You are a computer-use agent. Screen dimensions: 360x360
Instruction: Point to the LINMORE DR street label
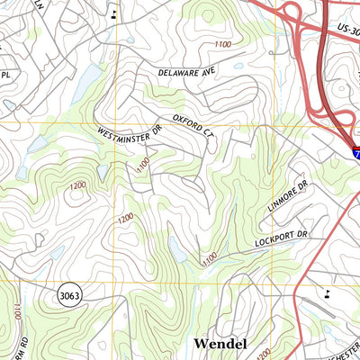click(x=287, y=195)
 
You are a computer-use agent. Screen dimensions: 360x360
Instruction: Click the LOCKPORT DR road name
click(x=280, y=237)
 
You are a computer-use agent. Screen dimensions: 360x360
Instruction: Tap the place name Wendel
click(x=220, y=344)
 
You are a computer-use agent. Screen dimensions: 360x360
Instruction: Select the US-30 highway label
click(x=345, y=30)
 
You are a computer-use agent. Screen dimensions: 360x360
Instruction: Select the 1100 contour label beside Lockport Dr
click(x=209, y=258)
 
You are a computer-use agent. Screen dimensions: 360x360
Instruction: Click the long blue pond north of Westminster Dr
click(x=85, y=85)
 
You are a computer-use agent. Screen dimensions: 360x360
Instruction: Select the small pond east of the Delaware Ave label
click(x=239, y=66)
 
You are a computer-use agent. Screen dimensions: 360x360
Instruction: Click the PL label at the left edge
click(x=5, y=76)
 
